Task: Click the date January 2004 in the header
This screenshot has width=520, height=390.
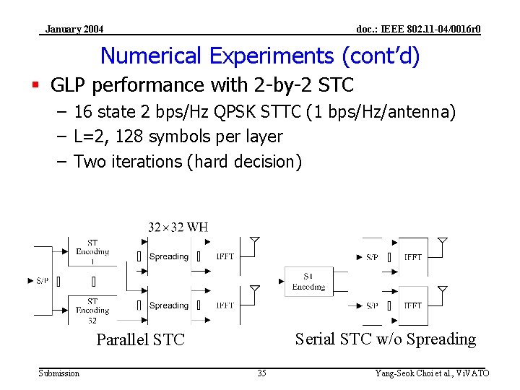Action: [x=74, y=29]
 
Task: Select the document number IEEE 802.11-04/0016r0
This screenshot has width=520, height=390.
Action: [x=418, y=29]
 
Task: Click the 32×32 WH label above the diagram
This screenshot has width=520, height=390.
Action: [x=178, y=227]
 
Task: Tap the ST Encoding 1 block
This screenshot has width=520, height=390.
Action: [x=92, y=251]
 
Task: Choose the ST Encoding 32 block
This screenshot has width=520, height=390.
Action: [x=92, y=310]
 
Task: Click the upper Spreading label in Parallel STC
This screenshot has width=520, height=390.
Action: [x=168, y=256]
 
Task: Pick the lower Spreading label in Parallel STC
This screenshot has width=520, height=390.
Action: [x=168, y=305]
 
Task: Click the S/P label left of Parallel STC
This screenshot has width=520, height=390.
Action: [x=43, y=280]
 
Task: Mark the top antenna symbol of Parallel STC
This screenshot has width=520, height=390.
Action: [x=254, y=241]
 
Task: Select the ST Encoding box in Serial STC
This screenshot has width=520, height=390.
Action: [x=308, y=281]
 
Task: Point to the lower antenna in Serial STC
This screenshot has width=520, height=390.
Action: [x=443, y=290]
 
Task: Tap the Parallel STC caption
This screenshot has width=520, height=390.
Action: [x=141, y=339]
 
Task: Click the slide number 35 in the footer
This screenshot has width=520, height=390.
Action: [x=261, y=373]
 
